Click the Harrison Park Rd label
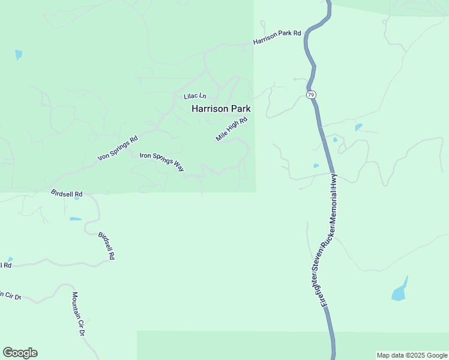point(277,37)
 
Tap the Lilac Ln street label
point(194,96)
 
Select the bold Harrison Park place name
point(221,109)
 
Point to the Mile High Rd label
point(232,129)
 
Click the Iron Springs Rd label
point(118,148)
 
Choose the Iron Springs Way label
point(162,162)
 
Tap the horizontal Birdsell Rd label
point(67,194)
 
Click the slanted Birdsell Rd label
point(106,244)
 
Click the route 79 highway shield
point(310,95)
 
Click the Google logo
point(20,353)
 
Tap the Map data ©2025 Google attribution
point(412,355)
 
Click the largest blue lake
point(400,291)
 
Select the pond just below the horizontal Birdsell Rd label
point(75,219)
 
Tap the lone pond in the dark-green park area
point(19,55)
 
